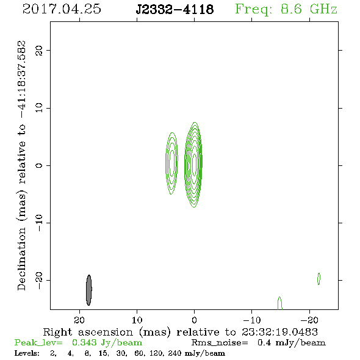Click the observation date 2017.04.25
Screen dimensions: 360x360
pos(62,9)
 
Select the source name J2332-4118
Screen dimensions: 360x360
pos(175,9)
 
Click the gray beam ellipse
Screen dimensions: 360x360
pos(89,290)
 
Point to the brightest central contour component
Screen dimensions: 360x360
pos(194,164)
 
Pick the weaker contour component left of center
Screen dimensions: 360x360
pos(171,164)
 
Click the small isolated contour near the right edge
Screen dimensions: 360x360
pos(319,279)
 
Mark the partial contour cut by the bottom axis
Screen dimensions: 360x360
pos(279,303)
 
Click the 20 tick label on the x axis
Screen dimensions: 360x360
pos(79,320)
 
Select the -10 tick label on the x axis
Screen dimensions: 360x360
pos(252,320)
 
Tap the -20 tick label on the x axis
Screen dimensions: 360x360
pos(309,320)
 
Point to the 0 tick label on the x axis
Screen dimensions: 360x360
pos(194,320)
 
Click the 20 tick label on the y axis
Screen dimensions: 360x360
pos(39,50)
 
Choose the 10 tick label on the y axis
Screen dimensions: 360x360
pos(39,108)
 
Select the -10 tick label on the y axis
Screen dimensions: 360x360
pos(39,223)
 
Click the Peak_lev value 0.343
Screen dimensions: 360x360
pos(84,342)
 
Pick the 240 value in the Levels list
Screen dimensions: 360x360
pos(175,353)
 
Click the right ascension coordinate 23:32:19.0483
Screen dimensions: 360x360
pos(279,332)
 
